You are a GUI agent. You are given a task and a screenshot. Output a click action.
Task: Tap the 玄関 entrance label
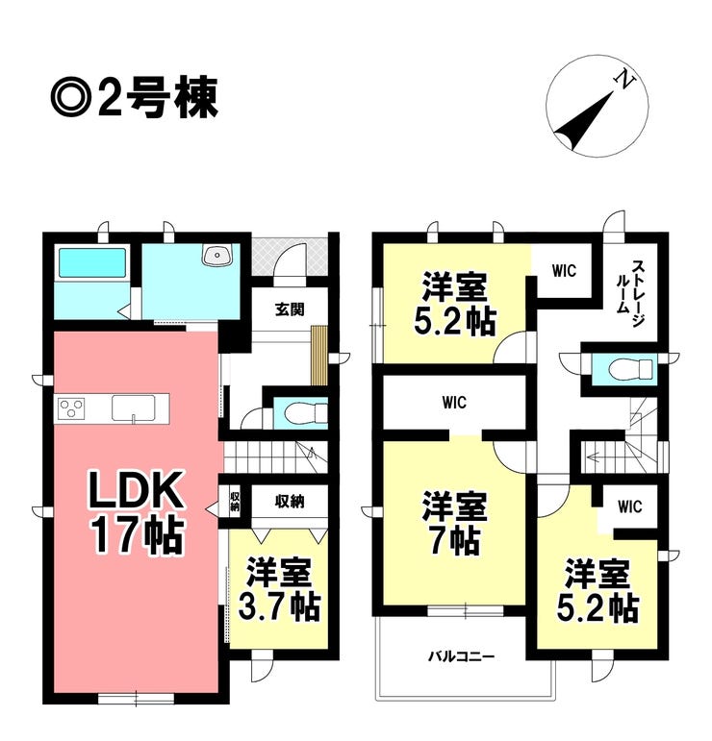[290, 309]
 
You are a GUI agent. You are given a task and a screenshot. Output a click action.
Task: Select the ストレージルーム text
[631, 294]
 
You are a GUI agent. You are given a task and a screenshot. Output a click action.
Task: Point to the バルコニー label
[461, 656]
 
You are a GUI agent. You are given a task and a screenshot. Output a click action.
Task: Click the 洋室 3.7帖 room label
[279, 589]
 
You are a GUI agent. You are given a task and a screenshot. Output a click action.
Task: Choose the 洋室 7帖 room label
[455, 523]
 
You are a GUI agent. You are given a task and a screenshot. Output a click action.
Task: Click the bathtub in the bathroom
[91, 263]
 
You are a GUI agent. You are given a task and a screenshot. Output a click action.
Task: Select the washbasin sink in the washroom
[216, 255]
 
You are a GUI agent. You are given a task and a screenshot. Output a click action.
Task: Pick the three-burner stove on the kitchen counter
[71, 408]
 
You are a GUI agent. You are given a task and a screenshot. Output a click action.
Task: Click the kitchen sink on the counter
[134, 408]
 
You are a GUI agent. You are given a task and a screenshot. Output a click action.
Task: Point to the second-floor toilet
[631, 369]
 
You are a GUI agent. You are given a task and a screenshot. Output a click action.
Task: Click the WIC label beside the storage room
[564, 271]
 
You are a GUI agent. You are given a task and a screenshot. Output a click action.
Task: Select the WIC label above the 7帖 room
[454, 403]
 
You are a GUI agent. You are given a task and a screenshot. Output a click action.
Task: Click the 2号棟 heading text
[158, 98]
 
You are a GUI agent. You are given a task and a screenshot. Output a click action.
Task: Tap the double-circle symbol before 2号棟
[71, 98]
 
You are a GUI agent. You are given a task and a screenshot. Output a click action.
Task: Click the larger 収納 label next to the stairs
[290, 501]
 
